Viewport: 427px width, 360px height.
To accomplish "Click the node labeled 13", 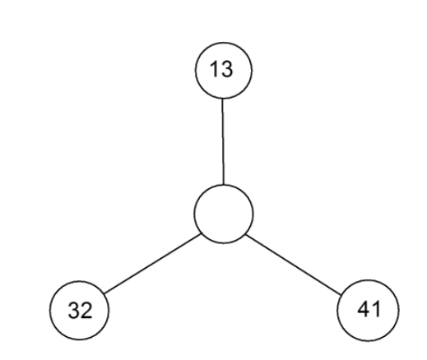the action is tap(223, 70).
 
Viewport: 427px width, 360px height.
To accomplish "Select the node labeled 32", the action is tap(79, 310).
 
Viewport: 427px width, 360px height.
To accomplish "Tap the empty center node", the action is tap(223, 214).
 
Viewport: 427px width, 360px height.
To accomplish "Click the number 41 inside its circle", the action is tap(369, 309).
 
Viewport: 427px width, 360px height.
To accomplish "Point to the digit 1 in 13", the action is tap(214, 69).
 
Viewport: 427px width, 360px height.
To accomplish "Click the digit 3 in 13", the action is tap(227, 69).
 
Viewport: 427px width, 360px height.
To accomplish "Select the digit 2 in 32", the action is tap(86, 310).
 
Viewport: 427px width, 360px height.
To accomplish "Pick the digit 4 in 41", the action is tap(364, 309).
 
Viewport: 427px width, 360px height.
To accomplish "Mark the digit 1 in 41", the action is tap(377, 309).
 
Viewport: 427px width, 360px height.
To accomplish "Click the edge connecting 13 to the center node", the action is tap(223, 141).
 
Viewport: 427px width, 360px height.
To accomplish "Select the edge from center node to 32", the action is tap(152, 264).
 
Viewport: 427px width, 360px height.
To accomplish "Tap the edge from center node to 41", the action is tap(294, 265).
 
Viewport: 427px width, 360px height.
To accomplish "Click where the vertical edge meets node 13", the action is tap(222, 99).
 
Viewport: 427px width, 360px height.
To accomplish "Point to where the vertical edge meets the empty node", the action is tap(224, 185).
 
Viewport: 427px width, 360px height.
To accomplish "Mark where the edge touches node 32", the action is tap(104, 293).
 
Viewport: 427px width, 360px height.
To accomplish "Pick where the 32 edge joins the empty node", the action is tap(201, 234).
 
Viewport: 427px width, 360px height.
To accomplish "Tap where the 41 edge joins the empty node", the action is tap(246, 235).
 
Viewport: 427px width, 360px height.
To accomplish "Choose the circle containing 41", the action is tap(368, 310).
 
